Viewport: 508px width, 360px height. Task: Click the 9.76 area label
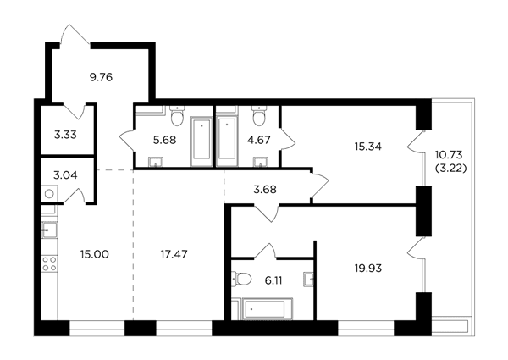point(101,77)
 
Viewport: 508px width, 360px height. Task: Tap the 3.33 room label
point(65,135)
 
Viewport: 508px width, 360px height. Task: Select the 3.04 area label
point(65,175)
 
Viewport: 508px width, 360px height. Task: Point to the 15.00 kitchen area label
point(95,254)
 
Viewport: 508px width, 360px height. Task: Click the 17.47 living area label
point(174,254)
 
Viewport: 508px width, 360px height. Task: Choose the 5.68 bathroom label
point(164,140)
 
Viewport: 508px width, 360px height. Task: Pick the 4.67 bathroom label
point(259,140)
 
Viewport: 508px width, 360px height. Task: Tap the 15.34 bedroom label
point(368,147)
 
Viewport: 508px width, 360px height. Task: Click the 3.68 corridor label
point(265,190)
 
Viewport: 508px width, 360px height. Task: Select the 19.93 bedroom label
point(368,269)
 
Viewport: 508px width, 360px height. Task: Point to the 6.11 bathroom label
point(273,280)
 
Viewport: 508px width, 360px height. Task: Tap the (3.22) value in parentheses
point(451,169)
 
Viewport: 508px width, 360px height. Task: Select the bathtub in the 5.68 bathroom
point(202,141)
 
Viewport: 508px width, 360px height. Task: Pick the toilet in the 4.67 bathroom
point(259,116)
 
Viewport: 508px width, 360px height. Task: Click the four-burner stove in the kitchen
point(49,263)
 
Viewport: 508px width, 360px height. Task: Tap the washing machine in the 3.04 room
point(49,194)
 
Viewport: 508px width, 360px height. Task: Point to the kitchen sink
point(49,230)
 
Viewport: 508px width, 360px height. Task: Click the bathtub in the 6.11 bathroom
point(264,309)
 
